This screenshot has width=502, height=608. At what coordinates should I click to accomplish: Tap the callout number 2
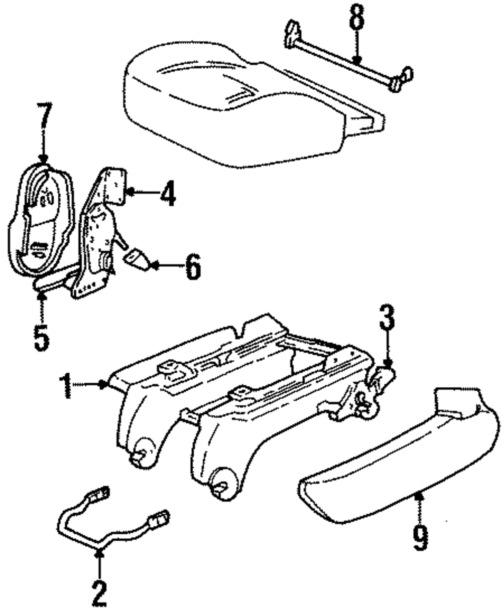coord(99,593)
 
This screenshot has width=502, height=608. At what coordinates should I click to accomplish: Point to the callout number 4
coord(168,194)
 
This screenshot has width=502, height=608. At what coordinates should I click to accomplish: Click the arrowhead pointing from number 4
coord(128,192)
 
